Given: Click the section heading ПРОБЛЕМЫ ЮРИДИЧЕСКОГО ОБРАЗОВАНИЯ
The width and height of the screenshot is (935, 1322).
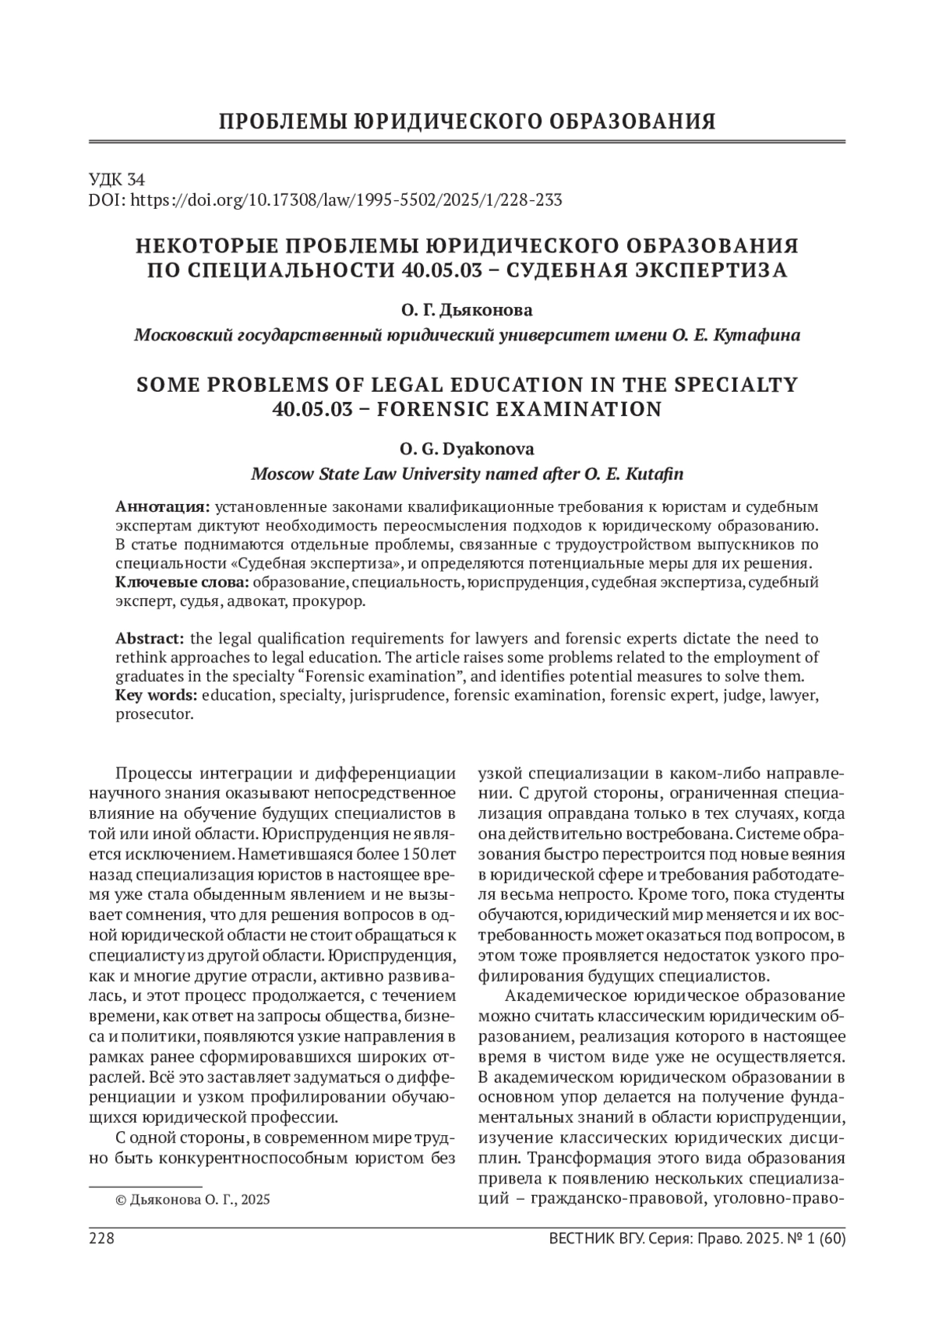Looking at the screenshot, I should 467,122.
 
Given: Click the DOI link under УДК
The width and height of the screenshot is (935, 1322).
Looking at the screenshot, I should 326,200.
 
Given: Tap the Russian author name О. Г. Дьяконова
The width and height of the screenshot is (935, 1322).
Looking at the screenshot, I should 467,310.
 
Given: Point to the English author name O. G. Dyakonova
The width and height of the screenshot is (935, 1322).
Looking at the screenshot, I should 467,449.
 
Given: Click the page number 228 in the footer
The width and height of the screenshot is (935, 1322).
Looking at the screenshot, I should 102,1239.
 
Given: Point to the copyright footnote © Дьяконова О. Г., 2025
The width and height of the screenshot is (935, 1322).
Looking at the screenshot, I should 192,1200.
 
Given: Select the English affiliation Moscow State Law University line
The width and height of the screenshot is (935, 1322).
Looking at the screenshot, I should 467,474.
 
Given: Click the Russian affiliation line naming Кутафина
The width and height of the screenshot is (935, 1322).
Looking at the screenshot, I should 467,335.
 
